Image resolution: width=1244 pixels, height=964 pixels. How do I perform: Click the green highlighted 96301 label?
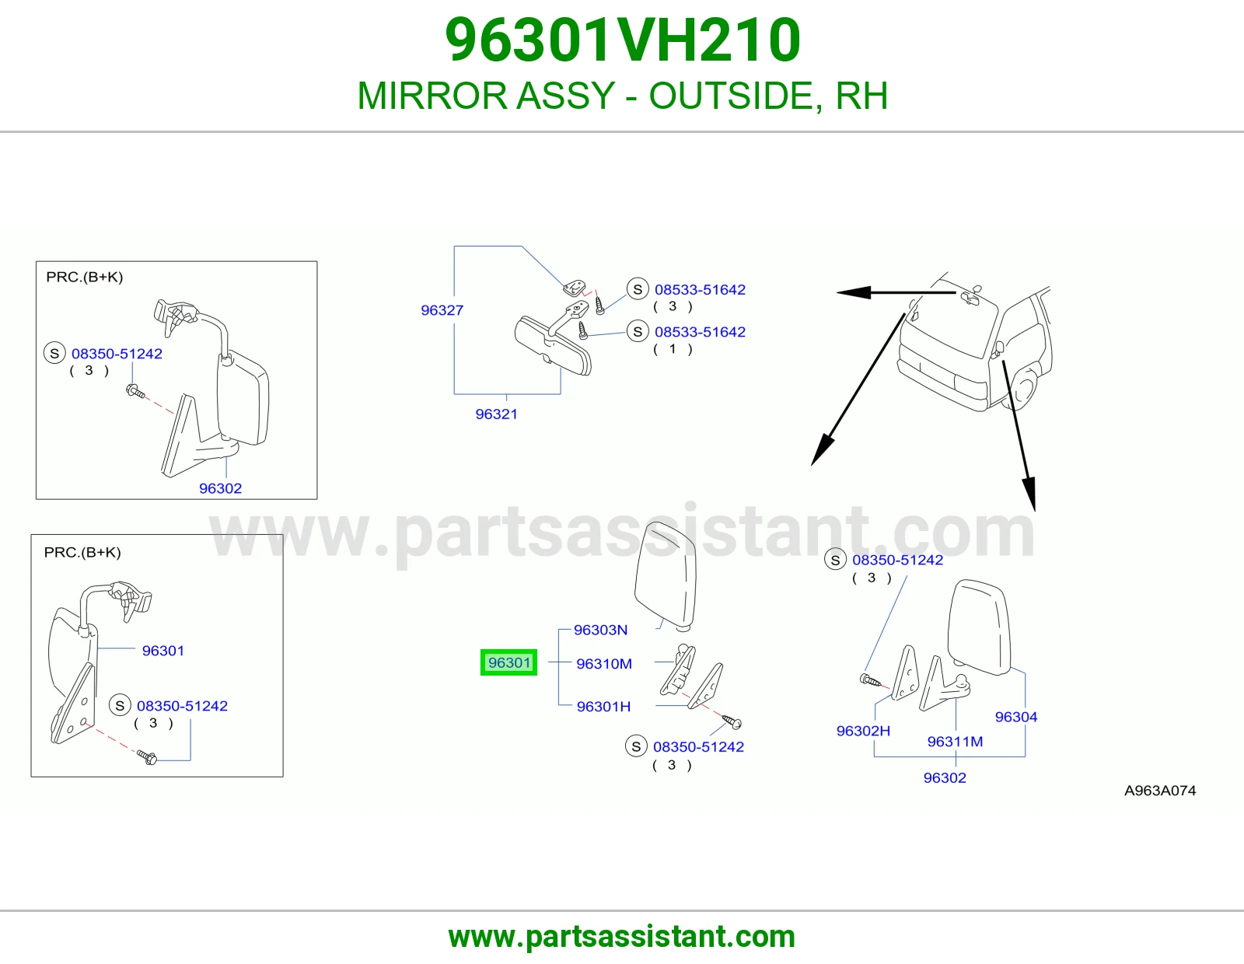click(509, 662)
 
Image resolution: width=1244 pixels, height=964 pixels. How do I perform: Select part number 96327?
click(442, 310)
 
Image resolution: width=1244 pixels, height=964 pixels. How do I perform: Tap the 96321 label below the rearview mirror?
click(496, 414)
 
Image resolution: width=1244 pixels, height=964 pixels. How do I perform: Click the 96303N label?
click(600, 630)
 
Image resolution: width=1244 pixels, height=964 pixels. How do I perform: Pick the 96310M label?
click(604, 663)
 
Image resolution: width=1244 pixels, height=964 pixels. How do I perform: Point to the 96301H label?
click(603, 707)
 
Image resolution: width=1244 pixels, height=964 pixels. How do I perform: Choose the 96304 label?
click(1016, 717)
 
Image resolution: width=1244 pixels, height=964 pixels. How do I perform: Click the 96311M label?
click(955, 742)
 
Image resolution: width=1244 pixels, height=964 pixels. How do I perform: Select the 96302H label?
click(863, 731)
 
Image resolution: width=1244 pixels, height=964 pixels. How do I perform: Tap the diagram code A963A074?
click(1160, 791)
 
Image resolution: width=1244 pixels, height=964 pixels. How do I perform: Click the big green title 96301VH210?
click(623, 40)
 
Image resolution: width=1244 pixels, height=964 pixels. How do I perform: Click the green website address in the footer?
click(622, 937)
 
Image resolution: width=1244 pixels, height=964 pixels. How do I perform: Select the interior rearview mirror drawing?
click(553, 346)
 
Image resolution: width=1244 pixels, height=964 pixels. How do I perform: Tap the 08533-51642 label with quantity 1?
click(701, 331)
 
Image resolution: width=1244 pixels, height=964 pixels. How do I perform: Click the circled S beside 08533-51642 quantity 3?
click(638, 289)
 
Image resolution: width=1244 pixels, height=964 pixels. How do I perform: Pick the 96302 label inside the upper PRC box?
click(220, 488)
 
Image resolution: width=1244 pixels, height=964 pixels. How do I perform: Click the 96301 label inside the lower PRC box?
click(163, 650)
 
